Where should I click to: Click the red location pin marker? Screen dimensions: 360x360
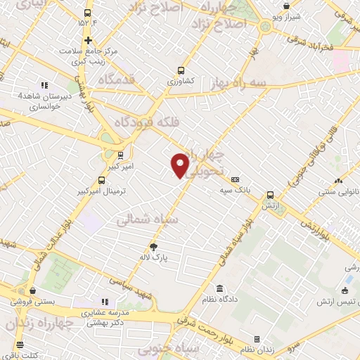180,165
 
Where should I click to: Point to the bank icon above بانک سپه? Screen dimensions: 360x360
235,179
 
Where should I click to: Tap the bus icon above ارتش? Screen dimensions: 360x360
270,195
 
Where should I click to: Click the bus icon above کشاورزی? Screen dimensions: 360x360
181,70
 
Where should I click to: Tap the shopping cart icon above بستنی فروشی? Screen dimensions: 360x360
32,289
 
